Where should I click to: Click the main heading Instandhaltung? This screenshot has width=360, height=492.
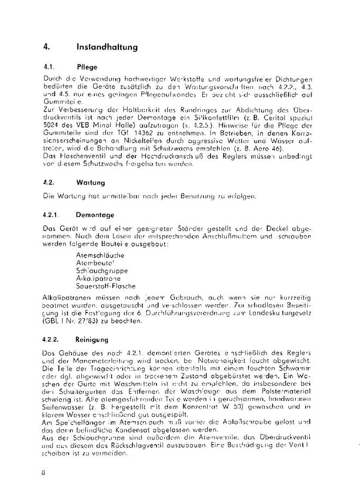pos(107,47)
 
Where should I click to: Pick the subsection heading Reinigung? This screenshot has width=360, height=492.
pos(94,339)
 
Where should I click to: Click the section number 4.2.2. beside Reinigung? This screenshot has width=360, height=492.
pos(52,339)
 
